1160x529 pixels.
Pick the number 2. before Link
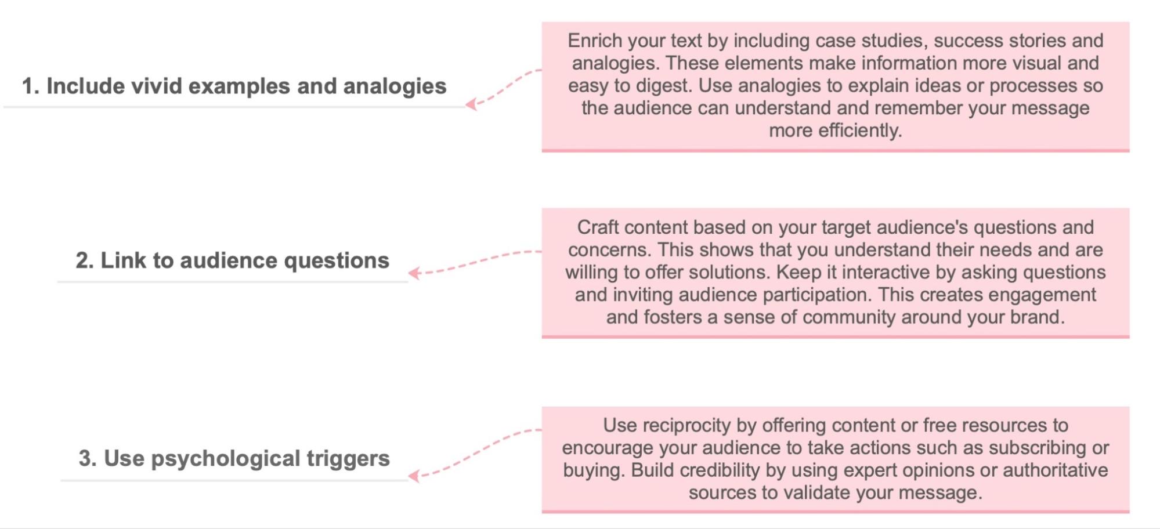point(84,260)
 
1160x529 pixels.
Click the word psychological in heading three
point(226,459)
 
